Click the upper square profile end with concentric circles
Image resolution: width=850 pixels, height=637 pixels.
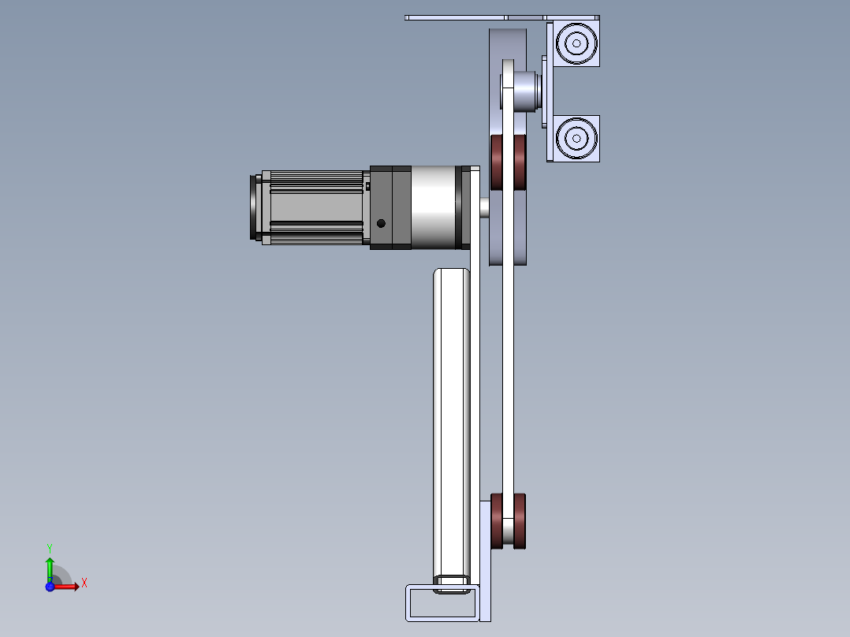(576, 43)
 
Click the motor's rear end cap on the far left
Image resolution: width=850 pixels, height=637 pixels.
(256, 207)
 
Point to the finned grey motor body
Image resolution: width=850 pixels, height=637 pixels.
(315, 207)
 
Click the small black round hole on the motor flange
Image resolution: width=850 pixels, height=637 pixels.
(382, 223)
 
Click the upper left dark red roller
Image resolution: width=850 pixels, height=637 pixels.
(498, 162)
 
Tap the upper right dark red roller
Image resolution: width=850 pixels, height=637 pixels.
(520, 162)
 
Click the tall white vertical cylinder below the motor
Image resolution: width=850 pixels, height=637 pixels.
(452, 418)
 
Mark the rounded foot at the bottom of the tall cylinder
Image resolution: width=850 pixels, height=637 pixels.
(452, 584)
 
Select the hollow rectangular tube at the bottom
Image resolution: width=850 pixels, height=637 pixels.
(441, 602)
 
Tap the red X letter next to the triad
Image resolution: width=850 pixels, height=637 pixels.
(84, 583)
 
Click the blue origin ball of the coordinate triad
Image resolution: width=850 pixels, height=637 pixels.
(50, 587)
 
